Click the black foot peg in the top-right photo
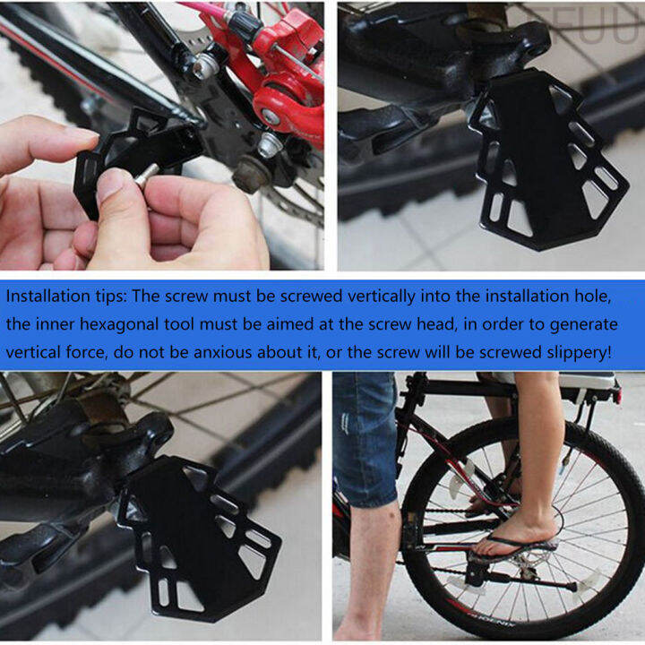(x=546, y=161)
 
